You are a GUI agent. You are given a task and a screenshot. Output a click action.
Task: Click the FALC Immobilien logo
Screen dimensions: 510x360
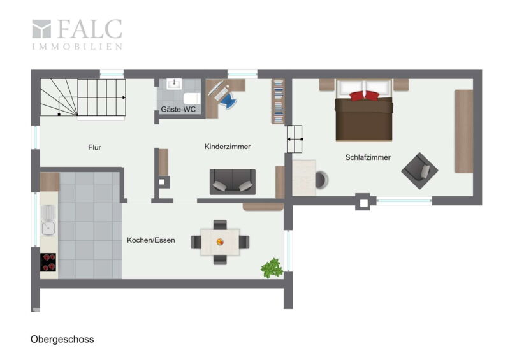coord(77,34)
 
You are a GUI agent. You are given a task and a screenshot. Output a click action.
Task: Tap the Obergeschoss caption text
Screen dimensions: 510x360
coord(62,340)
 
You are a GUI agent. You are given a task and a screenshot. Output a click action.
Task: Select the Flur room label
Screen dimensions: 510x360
coord(94,147)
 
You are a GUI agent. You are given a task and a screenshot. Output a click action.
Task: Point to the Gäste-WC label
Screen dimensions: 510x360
coord(178,109)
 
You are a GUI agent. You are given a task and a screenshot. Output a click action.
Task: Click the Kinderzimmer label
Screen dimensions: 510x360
coord(228,147)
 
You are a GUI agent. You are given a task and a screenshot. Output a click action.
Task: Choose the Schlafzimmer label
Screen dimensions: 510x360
coord(368,157)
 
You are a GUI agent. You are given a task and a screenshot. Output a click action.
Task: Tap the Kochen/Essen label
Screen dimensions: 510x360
coord(151,240)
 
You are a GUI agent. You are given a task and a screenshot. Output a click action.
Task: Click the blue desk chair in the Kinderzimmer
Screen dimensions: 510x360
coord(229,99)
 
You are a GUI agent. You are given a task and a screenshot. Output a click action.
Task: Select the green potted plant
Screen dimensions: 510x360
coord(272,268)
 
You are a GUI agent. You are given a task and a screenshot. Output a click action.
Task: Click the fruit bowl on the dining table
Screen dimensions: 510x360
coord(220,241)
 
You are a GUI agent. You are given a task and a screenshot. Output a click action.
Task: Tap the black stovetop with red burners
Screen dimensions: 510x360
coord(48,262)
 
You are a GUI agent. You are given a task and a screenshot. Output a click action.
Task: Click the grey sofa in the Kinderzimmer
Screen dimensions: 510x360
coord(233,182)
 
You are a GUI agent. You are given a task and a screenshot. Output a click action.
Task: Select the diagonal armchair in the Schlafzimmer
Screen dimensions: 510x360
coord(419,171)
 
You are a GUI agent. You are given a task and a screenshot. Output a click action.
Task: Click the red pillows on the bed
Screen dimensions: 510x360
coord(364,96)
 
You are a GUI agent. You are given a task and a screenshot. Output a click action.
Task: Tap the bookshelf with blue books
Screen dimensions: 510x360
coord(278,101)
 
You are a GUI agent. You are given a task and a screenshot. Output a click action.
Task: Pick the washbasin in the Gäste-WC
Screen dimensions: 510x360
coord(174,84)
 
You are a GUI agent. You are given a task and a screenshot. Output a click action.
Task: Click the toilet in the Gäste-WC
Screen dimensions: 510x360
coord(192,98)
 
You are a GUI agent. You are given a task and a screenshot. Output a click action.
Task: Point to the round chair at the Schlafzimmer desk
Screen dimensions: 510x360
coord(322,180)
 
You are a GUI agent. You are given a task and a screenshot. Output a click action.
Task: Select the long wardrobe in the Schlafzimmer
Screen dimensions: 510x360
coord(464,131)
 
